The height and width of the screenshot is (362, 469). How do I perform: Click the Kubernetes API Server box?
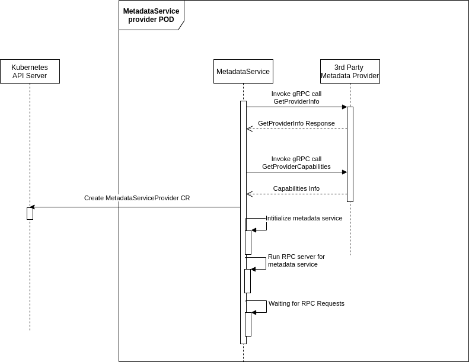coord(30,72)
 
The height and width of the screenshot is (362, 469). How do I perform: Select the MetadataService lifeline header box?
coord(243,72)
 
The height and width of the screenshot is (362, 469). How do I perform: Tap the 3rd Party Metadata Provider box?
coord(350,72)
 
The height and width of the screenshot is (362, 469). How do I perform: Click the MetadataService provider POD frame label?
coord(151,15)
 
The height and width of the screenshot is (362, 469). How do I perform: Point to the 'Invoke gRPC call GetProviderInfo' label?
coord(296,98)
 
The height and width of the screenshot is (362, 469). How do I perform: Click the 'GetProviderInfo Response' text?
coord(296,123)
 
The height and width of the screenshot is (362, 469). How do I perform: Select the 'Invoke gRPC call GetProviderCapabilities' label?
coord(296,163)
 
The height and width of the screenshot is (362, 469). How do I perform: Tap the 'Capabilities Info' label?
coord(296,188)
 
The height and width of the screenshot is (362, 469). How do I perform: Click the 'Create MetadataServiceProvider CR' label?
coord(137,198)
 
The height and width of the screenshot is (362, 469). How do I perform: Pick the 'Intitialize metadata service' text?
coord(304,218)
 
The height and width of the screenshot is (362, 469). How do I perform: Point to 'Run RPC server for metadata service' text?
coord(296,261)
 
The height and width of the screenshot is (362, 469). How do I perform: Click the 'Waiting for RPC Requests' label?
coord(307,303)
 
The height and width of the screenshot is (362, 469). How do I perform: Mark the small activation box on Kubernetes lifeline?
coord(30,213)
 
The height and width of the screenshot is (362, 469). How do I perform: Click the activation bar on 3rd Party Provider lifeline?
coord(350,154)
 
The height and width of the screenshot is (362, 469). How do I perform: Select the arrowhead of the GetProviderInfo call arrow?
coord(344,107)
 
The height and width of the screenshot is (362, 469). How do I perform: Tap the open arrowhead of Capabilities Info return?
coord(250,194)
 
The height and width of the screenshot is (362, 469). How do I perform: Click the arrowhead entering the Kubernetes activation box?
coord(33,207)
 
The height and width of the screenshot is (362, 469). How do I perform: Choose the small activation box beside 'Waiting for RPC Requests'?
coord(248,324)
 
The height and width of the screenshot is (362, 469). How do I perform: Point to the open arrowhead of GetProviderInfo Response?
coord(250,129)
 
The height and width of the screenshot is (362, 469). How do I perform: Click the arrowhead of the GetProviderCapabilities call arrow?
coord(344,172)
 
